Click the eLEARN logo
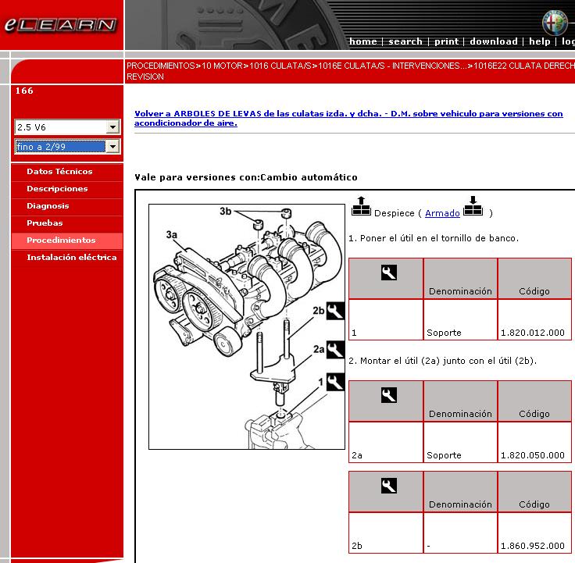tap(60, 25)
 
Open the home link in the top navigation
tap(363, 41)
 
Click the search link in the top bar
tap(405, 41)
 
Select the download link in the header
tap(494, 41)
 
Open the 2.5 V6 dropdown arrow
tap(112, 127)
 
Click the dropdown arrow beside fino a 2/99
tap(112, 147)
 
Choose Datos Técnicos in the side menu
tap(59, 171)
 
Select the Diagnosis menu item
tap(48, 205)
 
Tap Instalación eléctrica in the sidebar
tap(72, 257)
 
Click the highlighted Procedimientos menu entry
tap(61, 240)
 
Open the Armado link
tap(442, 213)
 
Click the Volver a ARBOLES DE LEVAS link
tap(348, 118)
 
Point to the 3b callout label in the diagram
tap(226, 211)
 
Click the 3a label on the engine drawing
tap(172, 234)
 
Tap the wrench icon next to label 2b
tap(335, 311)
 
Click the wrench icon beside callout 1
tap(335, 382)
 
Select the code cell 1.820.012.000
tap(533, 333)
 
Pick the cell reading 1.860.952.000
tap(533, 546)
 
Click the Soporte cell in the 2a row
tap(444, 455)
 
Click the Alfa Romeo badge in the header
tap(555, 23)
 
